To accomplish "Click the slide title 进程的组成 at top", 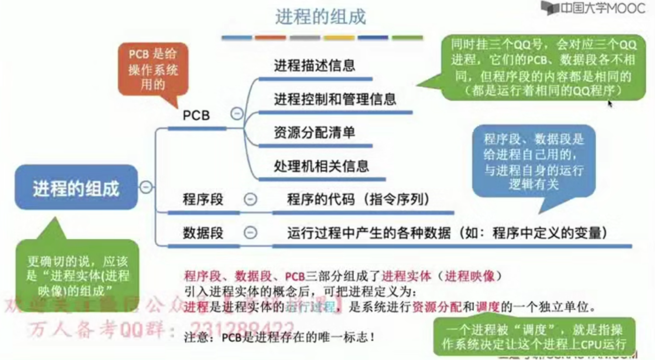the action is pyautogui.click(x=320, y=17).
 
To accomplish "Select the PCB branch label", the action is pyautogui.click(x=196, y=116).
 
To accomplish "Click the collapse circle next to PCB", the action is pyautogui.click(x=237, y=113).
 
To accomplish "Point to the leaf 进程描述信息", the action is pyautogui.click(x=314, y=66).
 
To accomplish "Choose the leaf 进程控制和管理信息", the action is pyautogui.click(x=335, y=99).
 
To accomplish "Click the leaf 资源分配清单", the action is pyautogui.click(x=314, y=133).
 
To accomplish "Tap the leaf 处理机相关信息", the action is pyautogui.click(x=321, y=166).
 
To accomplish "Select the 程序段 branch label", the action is pyautogui.click(x=203, y=200).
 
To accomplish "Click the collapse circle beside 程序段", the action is pyautogui.click(x=250, y=199).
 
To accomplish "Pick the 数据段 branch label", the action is pyautogui.click(x=203, y=233).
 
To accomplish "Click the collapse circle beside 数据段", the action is pyautogui.click(x=250, y=233).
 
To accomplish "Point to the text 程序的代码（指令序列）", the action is pyautogui.click(x=358, y=200).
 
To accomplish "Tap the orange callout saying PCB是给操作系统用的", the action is pyautogui.click(x=153, y=69).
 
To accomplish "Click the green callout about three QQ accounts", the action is pyautogui.click(x=543, y=68).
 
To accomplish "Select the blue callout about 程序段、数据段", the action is pyautogui.click(x=534, y=161).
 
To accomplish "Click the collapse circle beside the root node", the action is pyautogui.click(x=146, y=187).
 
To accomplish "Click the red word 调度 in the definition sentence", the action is pyautogui.click(x=487, y=306).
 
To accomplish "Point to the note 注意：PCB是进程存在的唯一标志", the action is pyautogui.click(x=279, y=337).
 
